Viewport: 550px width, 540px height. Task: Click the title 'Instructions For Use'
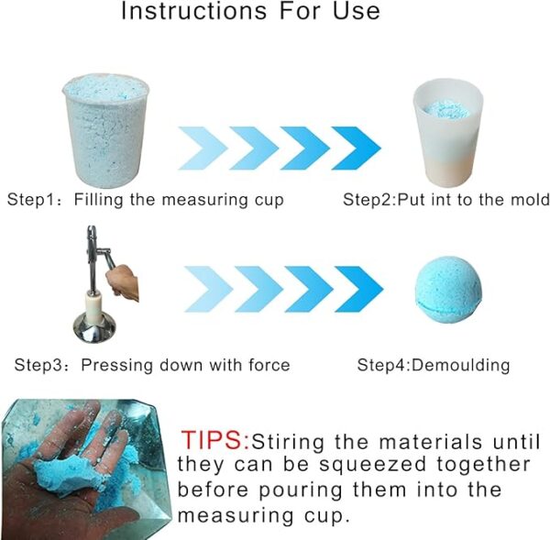point(250,10)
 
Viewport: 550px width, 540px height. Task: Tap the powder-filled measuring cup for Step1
point(105,130)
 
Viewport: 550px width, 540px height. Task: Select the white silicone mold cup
point(448,133)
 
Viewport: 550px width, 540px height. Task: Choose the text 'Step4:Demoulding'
point(434,365)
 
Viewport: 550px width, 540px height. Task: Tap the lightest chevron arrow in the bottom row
point(208,289)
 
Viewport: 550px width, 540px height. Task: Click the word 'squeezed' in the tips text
point(374,466)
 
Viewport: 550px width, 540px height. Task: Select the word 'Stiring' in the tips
point(288,442)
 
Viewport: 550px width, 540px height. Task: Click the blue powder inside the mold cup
point(446,109)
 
